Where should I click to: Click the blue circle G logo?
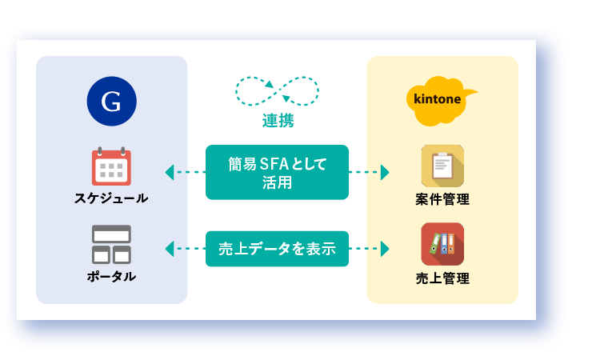click(x=112, y=101)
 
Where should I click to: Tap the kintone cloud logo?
click(x=440, y=101)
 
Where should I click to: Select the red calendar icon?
click(x=111, y=166)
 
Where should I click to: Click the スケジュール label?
click(x=111, y=198)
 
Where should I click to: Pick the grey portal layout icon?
click(x=111, y=245)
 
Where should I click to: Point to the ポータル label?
click(x=111, y=276)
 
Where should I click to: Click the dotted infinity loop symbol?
click(x=277, y=91)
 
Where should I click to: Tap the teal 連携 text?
click(x=278, y=121)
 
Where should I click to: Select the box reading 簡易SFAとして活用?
click(x=277, y=172)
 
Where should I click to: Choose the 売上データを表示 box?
click(x=277, y=249)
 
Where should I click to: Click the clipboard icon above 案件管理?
click(x=442, y=166)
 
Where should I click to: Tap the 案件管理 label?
click(x=442, y=199)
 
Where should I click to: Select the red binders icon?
click(x=442, y=244)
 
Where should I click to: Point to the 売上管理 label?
click(x=442, y=278)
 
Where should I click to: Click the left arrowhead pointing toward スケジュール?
click(x=170, y=172)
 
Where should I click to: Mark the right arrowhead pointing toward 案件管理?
click(x=385, y=172)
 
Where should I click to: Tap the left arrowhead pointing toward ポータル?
click(x=170, y=249)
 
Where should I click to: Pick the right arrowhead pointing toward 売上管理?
click(x=385, y=249)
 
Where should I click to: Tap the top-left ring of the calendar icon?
click(x=100, y=150)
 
